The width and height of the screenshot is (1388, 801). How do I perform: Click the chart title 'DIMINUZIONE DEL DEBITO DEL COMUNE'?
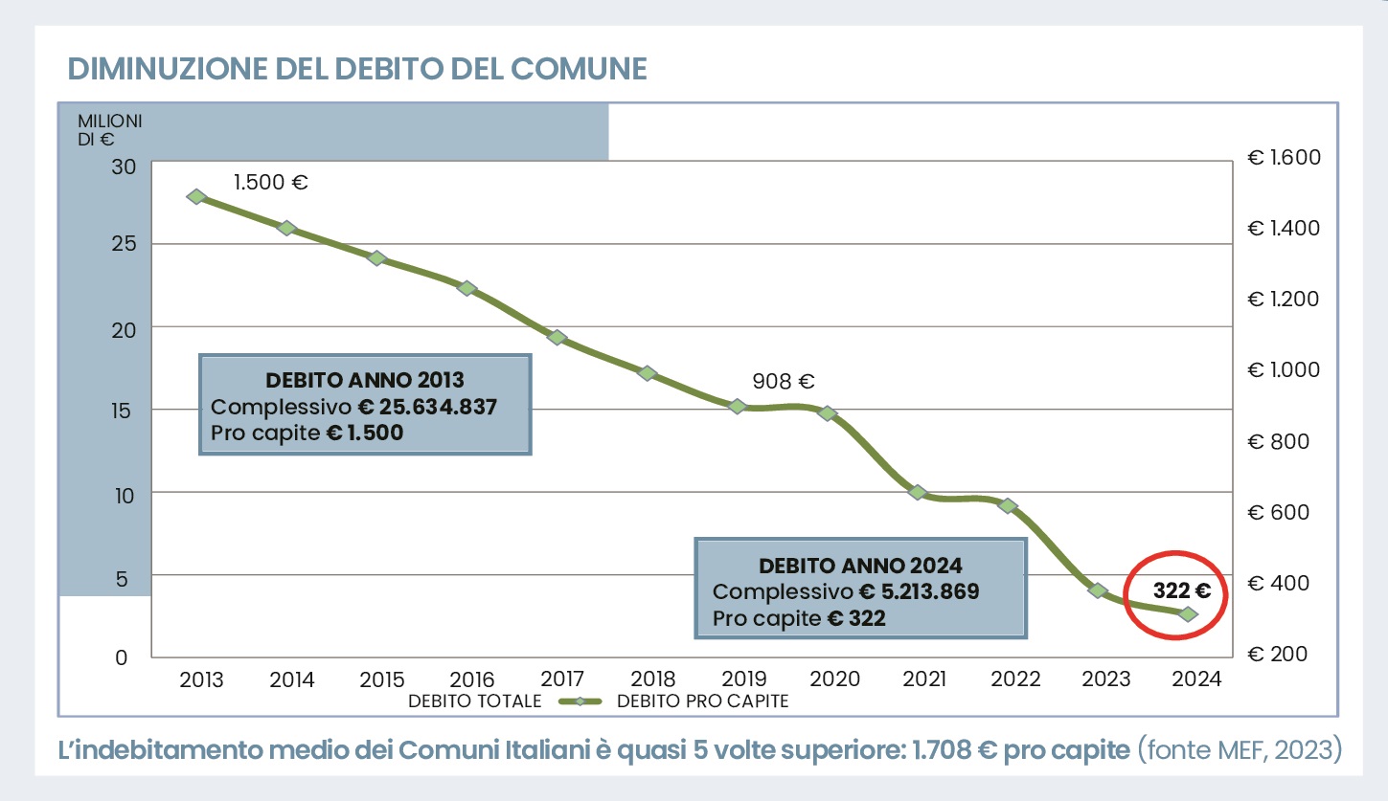(357, 69)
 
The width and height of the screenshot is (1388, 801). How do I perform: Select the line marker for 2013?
(197, 196)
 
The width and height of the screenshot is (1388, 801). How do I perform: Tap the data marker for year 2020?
(829, 413)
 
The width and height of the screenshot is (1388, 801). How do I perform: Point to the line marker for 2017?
(557, 337)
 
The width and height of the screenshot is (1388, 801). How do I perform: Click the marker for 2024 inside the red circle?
(1189, 614)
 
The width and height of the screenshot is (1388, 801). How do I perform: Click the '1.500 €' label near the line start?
(271, 182)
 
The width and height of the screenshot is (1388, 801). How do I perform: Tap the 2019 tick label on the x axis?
(744, 679)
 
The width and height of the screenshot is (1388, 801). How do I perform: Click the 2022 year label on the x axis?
(1015, 679)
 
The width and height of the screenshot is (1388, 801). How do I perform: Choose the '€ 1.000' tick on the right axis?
(1284, 369)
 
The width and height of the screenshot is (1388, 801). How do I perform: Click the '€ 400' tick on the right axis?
(1284, 583)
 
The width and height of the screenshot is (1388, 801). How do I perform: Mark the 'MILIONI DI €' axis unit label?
(109, 130)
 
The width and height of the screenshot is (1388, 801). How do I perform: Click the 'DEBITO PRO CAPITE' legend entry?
(702, 701)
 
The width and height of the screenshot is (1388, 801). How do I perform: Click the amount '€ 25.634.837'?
(427, 406)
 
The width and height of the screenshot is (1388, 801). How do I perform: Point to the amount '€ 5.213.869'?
(919, 591)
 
